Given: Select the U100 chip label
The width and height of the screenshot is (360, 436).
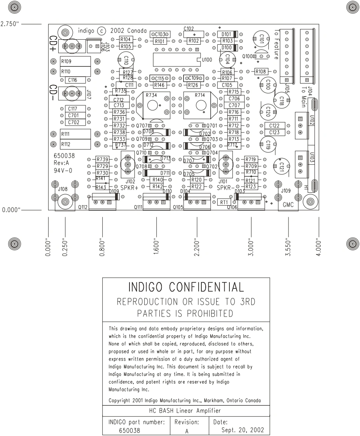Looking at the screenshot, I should (x=207, y=60).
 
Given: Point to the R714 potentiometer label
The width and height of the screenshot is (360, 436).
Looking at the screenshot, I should (x=199, y=95).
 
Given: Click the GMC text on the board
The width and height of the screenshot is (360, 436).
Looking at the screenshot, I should (x=288, y=204).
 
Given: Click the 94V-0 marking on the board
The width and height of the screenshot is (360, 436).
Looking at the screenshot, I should (x=63, y=170).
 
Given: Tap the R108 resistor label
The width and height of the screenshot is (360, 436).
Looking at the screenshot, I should (x=261, y=72).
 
